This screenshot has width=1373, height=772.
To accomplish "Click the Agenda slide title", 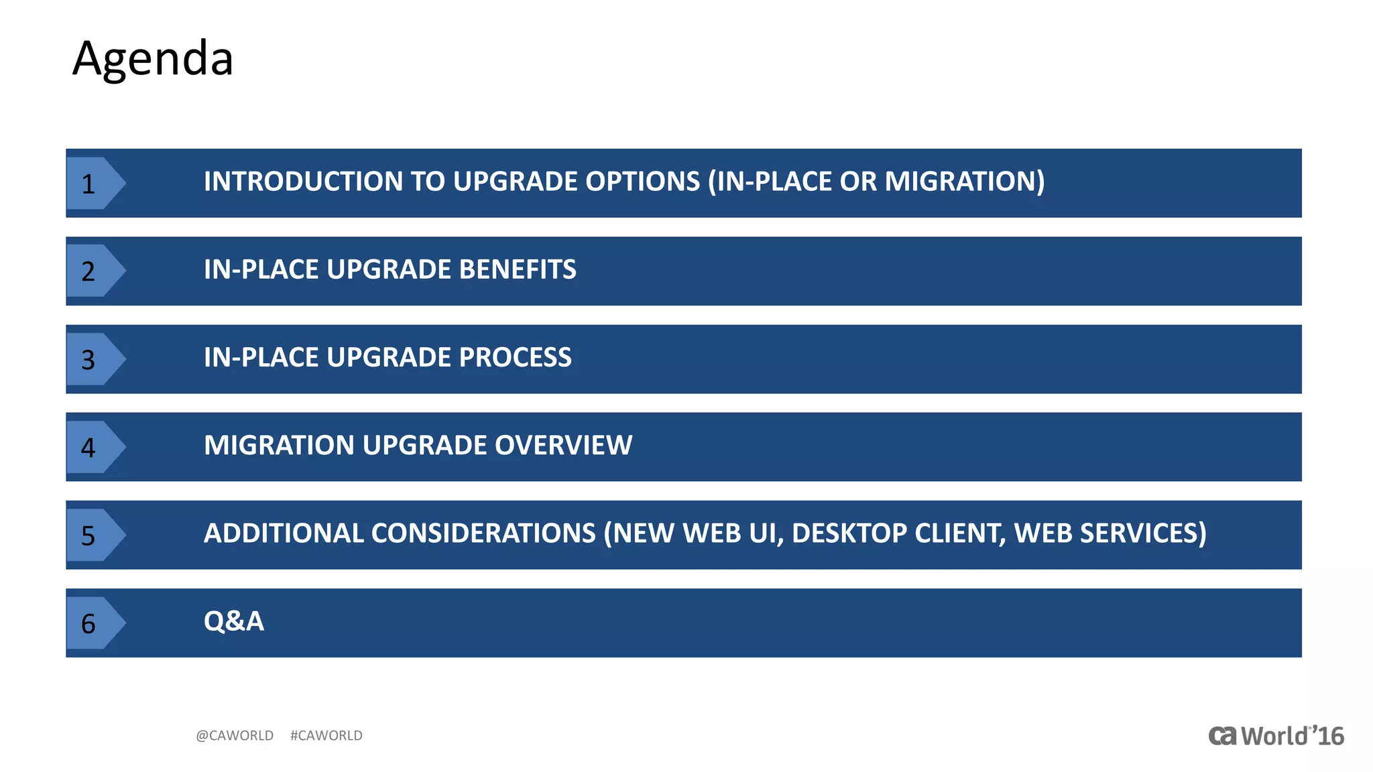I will pyautogui.click(x=153, y=59).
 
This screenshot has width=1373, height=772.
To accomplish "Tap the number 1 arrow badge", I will pyautogui.click(x=93, y=184).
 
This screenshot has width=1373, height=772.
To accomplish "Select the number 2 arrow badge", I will pyautogui.click(x=93, y=271).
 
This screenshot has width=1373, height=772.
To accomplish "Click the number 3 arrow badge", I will pyautogui.click(x=93, y=360).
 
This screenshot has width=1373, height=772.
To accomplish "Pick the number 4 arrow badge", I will pyautogui.click(x=93, y=448).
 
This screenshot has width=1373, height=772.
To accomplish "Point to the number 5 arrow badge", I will pyautogui.click(x=93, y=535).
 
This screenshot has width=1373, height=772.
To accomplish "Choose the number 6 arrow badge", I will pyautogui.click(x=93, y=623).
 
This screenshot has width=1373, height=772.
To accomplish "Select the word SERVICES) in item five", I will pyautogui.click(x=1143, y=533).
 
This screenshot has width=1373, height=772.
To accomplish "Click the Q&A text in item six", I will pyautogui.click(x=233, y=621).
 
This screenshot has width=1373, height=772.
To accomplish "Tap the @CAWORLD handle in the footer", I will pyautogui.click(x=235, y=736).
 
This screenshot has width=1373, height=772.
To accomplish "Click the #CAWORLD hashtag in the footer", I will pyautogui.click(x=326, y=736).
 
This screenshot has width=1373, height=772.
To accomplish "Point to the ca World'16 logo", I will pyautogui.click(x=1276, y=736).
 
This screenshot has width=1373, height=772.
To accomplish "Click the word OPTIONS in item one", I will pyautogui.click(x=642, y=182).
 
